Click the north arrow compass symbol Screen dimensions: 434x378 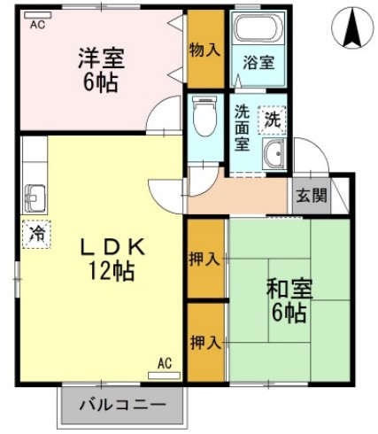pos(352,29)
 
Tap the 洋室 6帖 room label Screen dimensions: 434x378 pos(100,71)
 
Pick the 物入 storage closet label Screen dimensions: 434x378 pos(204,50)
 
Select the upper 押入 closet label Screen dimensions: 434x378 pos(204,259)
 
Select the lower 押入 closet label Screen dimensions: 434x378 pos(204,341)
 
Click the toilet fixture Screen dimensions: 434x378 pos(204,118)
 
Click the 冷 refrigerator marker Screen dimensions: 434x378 pos(35,235)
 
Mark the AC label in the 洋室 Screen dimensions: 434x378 pos(36,25)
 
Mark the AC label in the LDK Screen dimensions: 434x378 pos(164,364)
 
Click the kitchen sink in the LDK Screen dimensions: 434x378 pos(36,195)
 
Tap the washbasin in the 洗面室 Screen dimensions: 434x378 pos(274,154)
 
